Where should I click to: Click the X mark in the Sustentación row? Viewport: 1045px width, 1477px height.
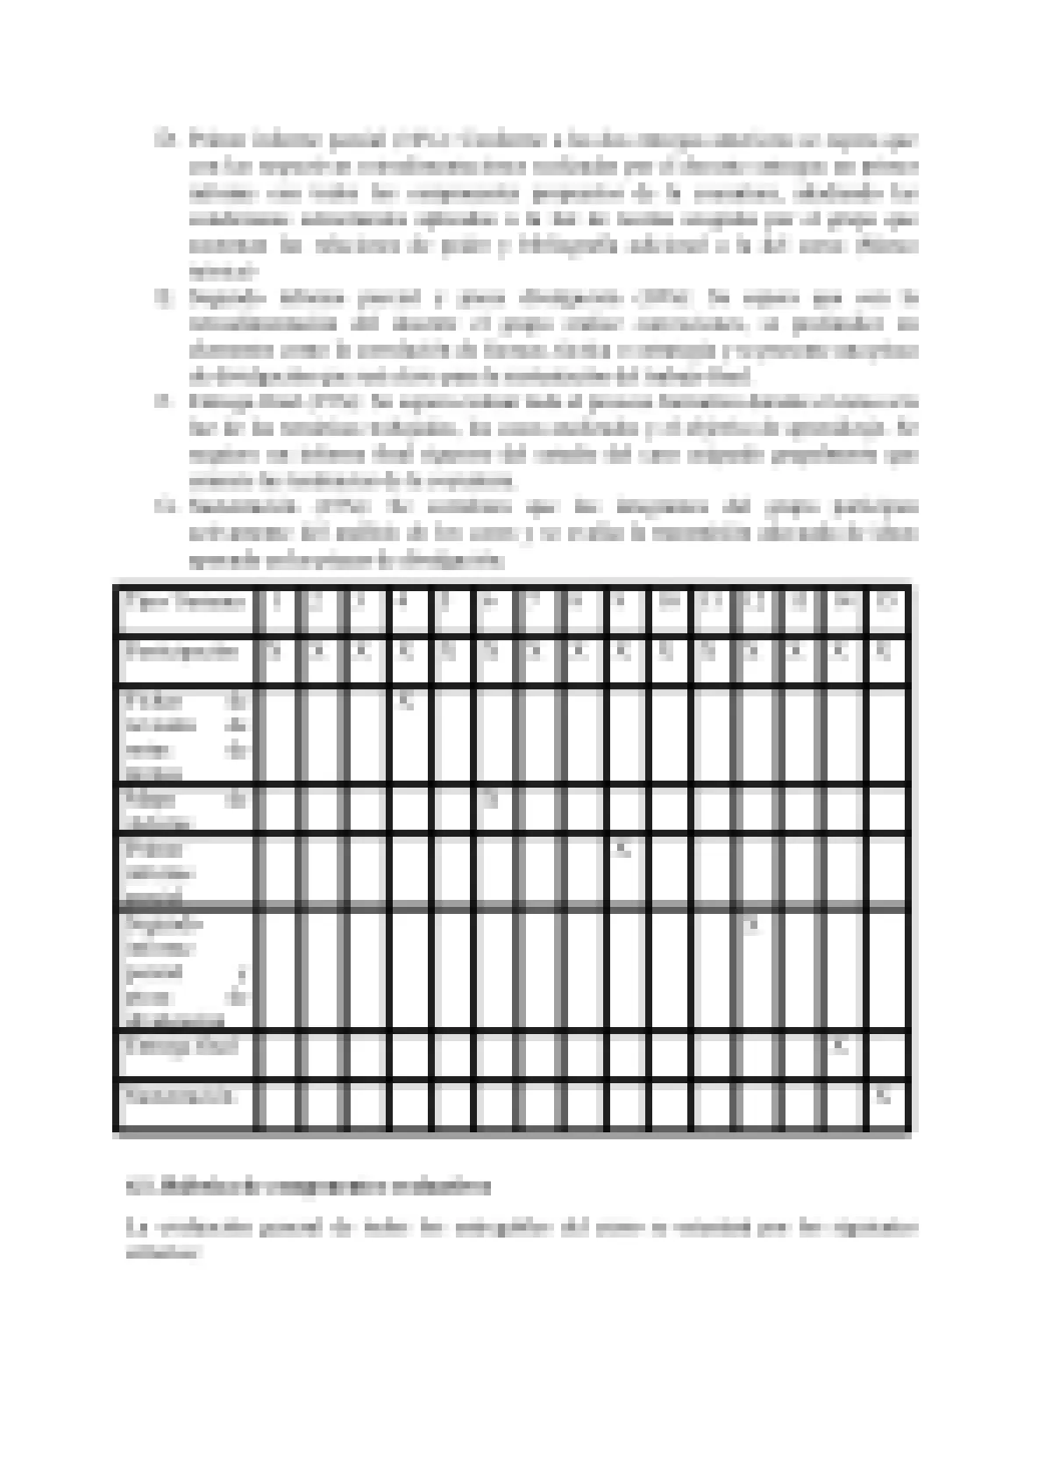[x=885, y=1095]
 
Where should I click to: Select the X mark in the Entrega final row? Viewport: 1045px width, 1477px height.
[x=841, y=1046]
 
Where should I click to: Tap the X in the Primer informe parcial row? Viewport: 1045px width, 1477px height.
[x=622, y=849]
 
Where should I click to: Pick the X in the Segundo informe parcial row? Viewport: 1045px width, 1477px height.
[x=752, y=924]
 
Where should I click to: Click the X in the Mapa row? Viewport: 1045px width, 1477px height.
[x=491, y=799]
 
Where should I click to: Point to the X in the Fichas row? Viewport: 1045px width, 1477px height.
[x=404, y=701]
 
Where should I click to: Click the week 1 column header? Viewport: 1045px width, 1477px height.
[x=277, y=603]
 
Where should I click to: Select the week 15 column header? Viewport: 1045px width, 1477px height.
[x=886, y=603]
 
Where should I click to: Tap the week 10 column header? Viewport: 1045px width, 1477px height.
[x=669, y=603]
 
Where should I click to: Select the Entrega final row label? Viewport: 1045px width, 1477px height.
[x=181, y=1046]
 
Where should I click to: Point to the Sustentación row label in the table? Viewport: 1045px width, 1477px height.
[x=180, y=1095]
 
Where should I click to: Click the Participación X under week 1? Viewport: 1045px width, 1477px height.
[x=275, y=652]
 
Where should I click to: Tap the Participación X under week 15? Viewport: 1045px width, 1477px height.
[x=885, y=652]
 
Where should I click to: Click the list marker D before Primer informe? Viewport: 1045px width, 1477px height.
[x=164, y=139]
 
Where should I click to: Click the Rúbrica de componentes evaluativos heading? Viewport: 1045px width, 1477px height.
[x=309, y=1188]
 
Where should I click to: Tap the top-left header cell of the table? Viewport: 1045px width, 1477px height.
[x=185, y=603]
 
